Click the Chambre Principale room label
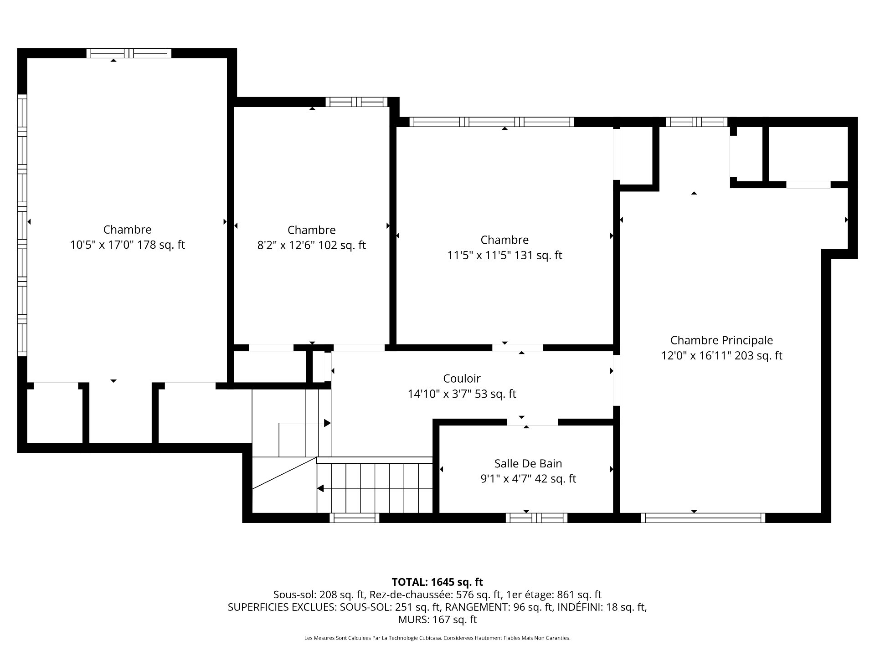click(721, 340)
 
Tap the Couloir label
click(462, 379)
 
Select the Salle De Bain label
click(528, 464)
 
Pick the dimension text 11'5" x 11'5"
click(479, 256)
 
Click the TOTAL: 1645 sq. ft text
click(437, 582)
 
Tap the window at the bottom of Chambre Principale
click(703, 518)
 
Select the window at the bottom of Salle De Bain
click(536, 518)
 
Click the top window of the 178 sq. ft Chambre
click(129, 53)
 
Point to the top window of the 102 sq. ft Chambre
click(356, 102)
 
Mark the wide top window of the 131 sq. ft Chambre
click(492, 122)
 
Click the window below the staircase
click(355, 518)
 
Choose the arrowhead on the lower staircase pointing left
click(320, 488)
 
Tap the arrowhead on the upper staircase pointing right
click(327, 423)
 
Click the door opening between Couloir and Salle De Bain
click(533, 422)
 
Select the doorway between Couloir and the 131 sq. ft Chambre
click(518, 348)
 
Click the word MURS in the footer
click(412, 620)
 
